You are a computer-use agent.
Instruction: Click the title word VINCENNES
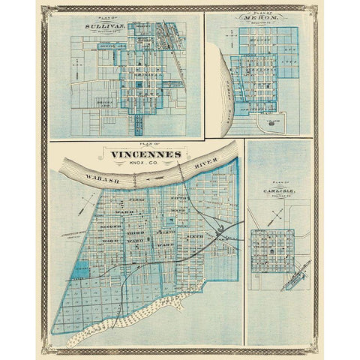click(145, 155)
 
